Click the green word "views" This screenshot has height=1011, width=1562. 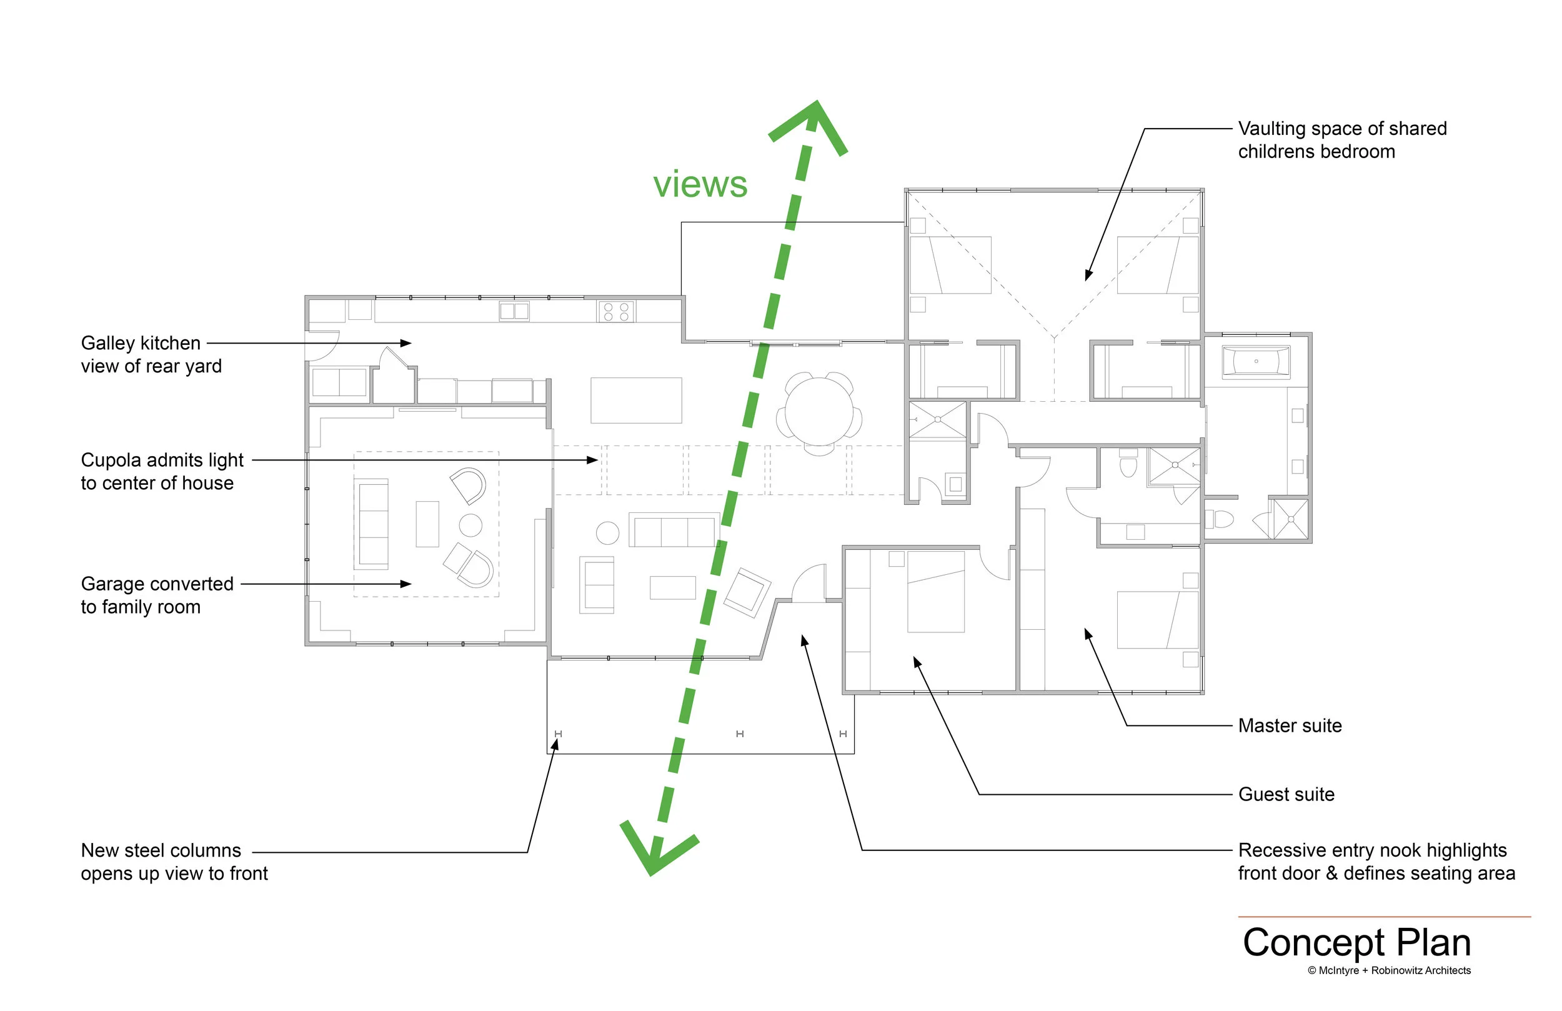700,184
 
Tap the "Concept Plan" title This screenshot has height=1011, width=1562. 1356,943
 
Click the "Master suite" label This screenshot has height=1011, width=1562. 1290,725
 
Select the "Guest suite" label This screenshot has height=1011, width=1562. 1286,794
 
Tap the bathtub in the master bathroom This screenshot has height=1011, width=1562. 1255,362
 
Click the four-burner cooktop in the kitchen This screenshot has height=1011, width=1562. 615,311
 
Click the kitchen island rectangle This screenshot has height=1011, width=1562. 636,400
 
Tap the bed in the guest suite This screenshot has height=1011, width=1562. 935,592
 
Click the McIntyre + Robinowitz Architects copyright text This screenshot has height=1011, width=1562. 1389,970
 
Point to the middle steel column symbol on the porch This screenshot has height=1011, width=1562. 740,734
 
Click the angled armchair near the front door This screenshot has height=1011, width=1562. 747,592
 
